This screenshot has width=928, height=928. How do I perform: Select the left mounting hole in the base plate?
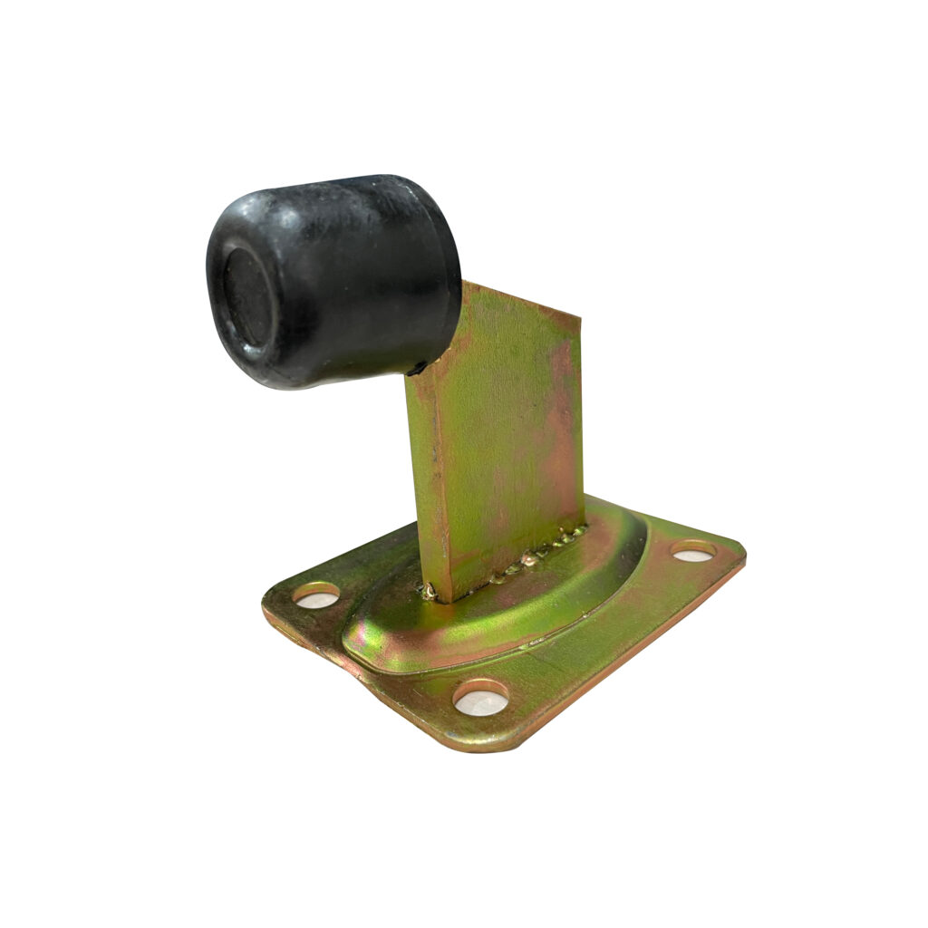316,595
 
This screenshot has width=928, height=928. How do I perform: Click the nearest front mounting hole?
481,698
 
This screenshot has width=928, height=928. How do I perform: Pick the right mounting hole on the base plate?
693,550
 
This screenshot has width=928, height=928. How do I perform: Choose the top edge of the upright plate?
521,299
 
